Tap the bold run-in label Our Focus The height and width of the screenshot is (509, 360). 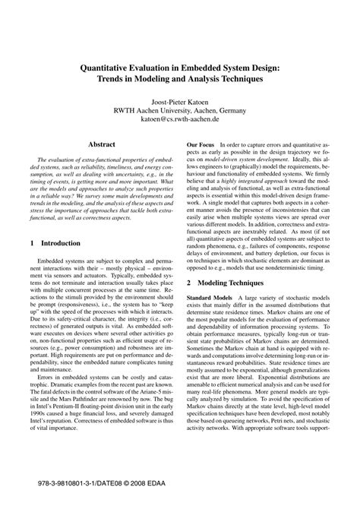pos(202,144)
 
